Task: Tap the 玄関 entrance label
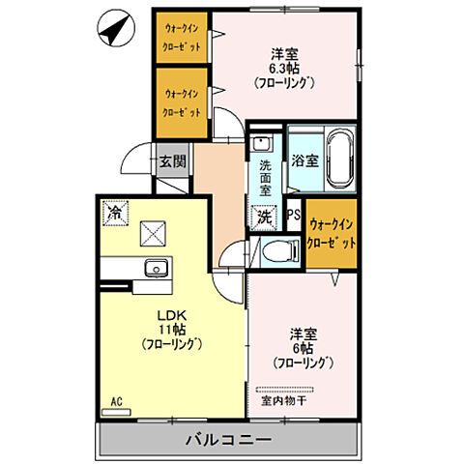172,160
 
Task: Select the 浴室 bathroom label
304,160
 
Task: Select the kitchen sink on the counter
153,268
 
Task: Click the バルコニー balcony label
229,440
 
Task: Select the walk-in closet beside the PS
330,232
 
